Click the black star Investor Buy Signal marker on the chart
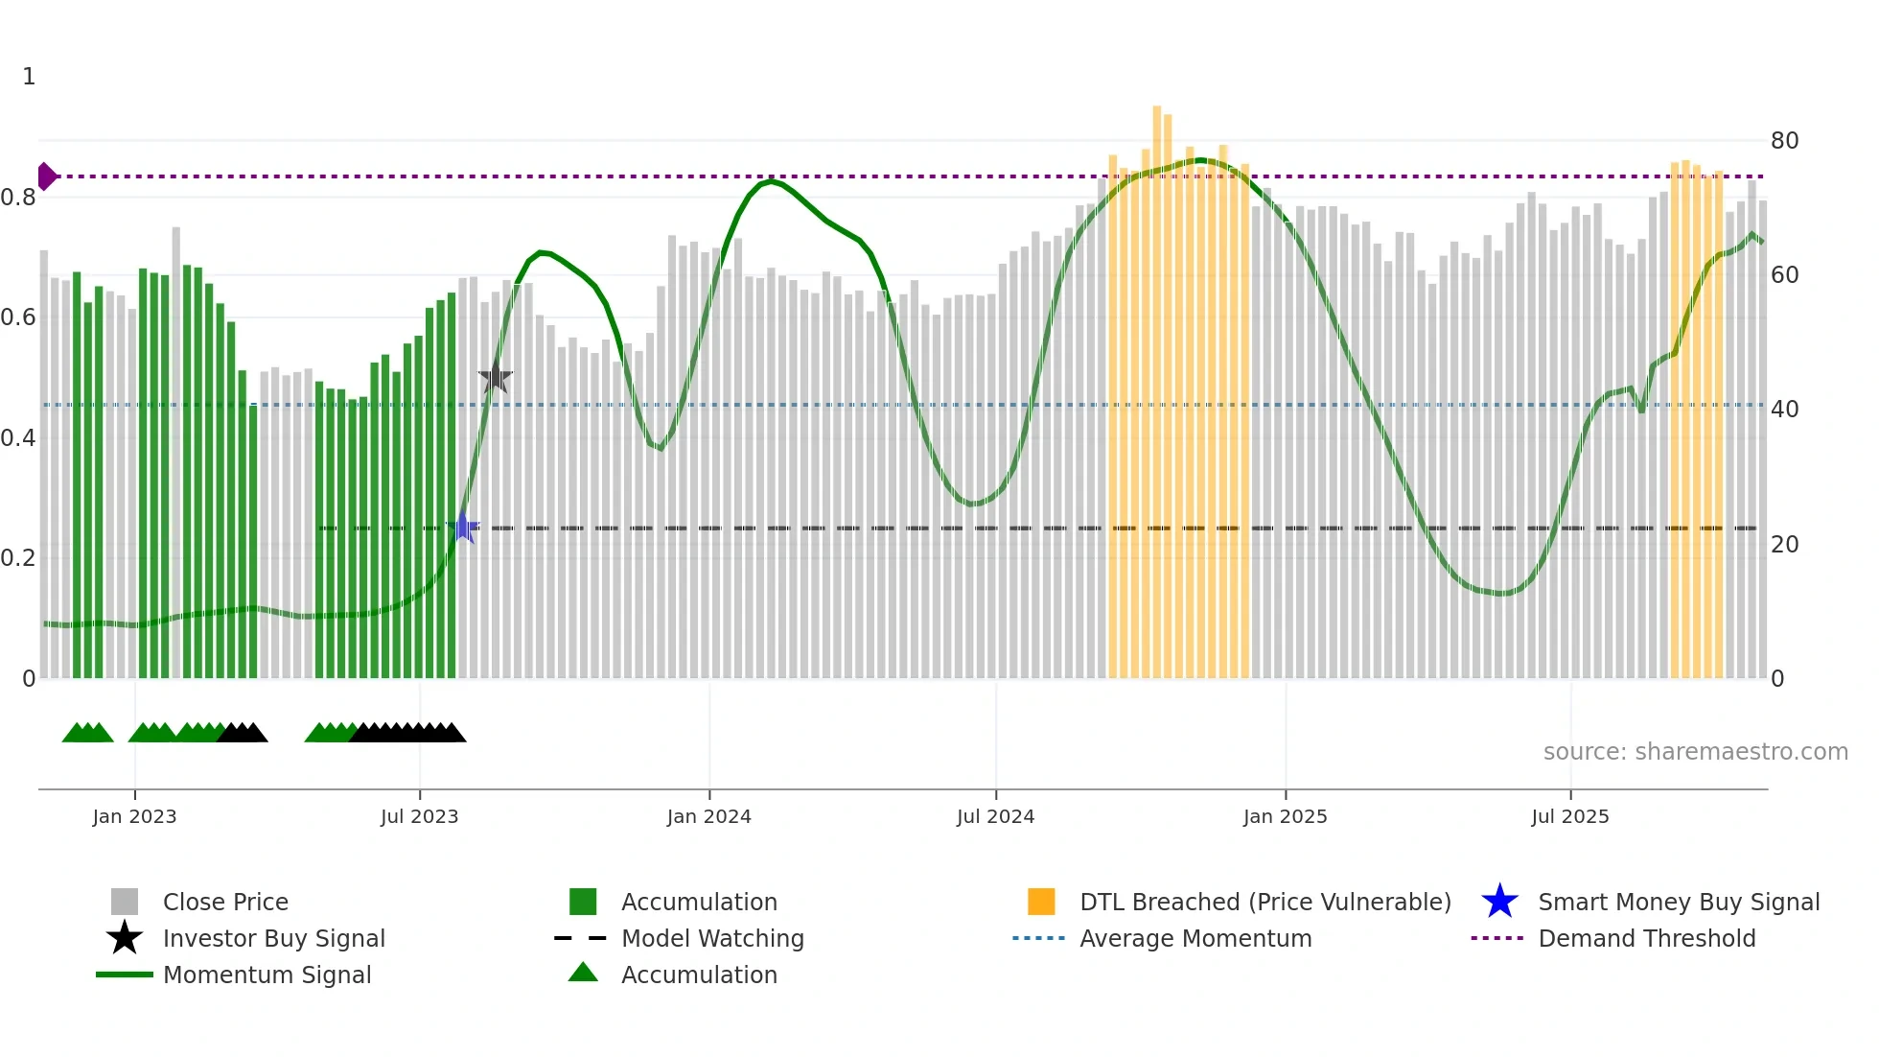pyautogui.click(x=496, y=378)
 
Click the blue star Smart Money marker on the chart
pyautogui.click(x=463, y=528)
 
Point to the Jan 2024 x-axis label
pyautogui.click(x=708, y=816)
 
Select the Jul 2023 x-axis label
pyautogui.click(x=419, y=816)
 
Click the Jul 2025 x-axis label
pyautogui.click(x=1569, y=816)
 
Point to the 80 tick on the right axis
pyautogui.click(x=1784, y=141)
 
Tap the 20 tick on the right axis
pyautogui.click(x=1784, y=545)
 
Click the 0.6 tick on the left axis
pyautogui.click(x=18, y=317)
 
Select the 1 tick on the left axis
pyautogui.click(x=29, y=77)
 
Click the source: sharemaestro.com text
pyautogui.click(x=1695, y=752)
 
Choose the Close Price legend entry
pyautogui.click(x=225, y=902)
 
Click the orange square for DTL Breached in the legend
pyautogui.click(x=1041, y=902)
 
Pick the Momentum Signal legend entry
pyautogui.click(x=267, y=975)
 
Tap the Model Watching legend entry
pyautogui.click(x=712, y=938)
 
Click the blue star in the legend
pyautogui.click(x=1499, y=902)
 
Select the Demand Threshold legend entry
pyautogui.click(x=1646, y=938)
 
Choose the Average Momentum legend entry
pyautogui.click(x=1195, y=938)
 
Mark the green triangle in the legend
pyautogui.click(x=583, y=973)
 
